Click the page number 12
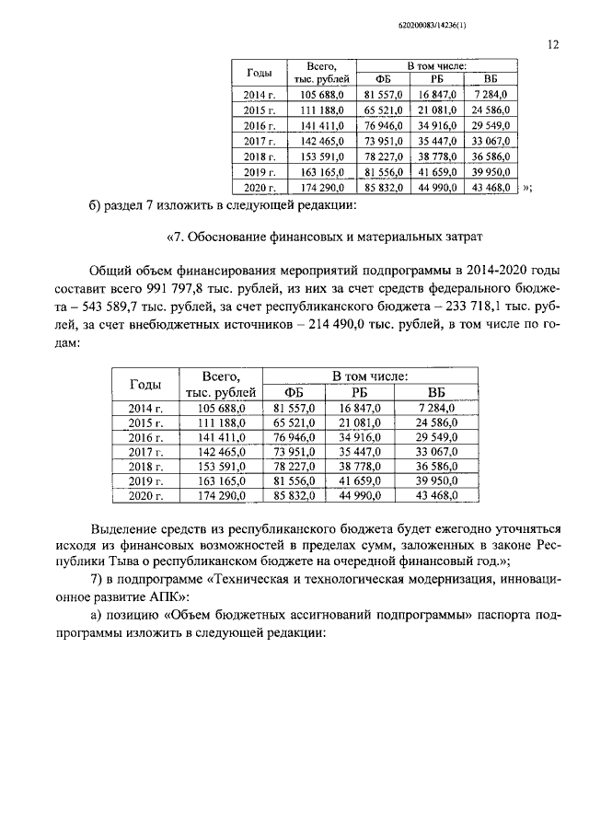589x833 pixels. point(553,43)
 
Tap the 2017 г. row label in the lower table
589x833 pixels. point(146,452)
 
